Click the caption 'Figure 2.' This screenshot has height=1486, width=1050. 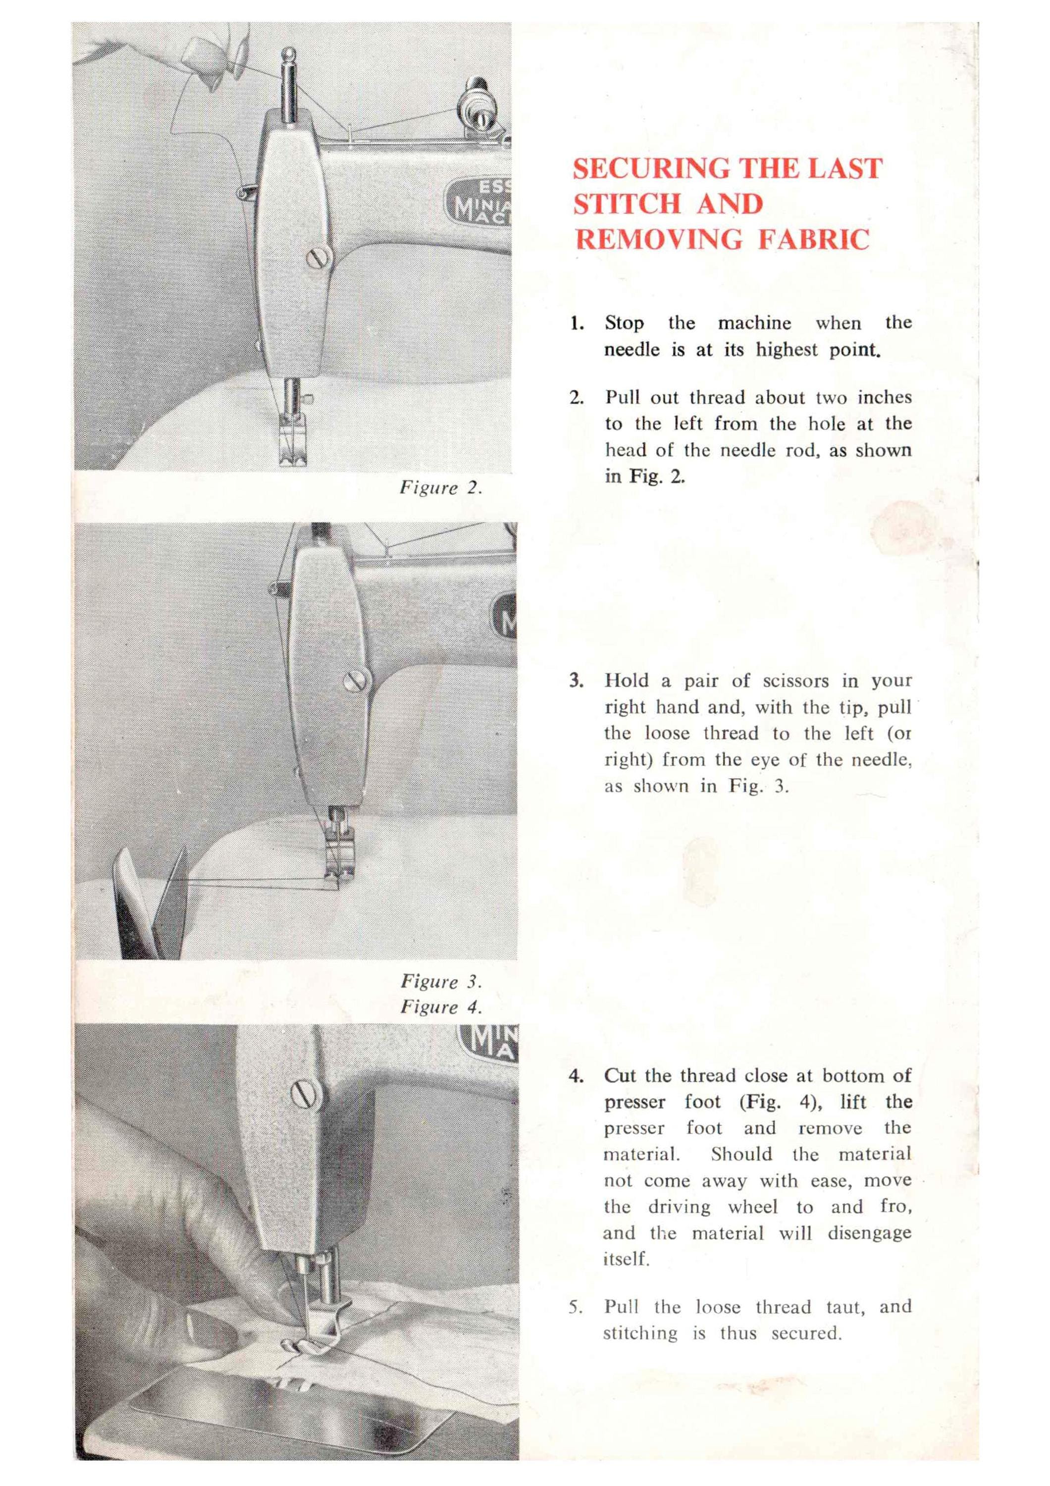click(441, 488)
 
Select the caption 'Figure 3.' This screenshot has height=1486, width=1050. click(441, 981)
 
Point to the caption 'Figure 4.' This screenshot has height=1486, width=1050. click(441, 1007)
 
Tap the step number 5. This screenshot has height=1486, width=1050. click(576, 1307)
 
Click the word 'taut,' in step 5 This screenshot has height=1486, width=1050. click(845, 1307)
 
